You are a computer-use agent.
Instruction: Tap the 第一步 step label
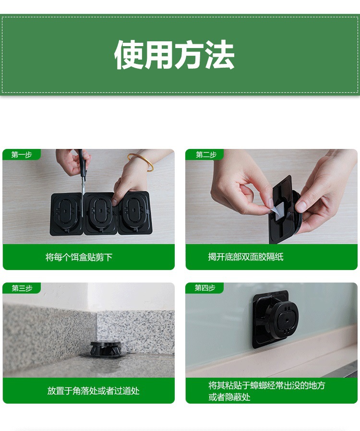tap(22, 155)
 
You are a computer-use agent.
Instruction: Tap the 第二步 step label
tap(206, 155)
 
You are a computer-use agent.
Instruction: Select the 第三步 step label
tap(22, 288)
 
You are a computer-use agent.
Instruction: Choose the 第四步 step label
tap(205, 288)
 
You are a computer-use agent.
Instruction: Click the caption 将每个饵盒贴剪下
tap(79, 258)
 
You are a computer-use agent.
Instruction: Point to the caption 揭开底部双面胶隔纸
tap(245, 257)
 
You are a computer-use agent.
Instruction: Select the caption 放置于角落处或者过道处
tap(93, 391)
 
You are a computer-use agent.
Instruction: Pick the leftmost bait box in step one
tap(67, 214)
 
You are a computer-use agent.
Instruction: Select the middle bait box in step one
tap(101, 213)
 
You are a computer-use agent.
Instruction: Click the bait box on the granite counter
tap(106, 349)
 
